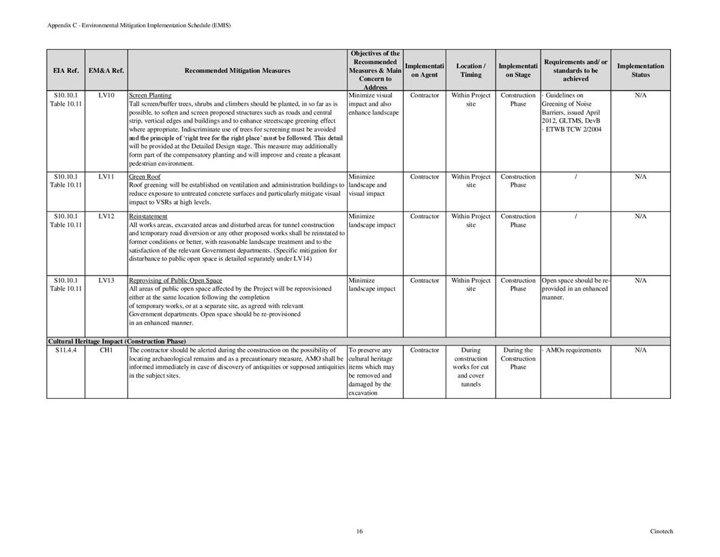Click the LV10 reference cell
coord(106,95)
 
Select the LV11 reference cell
coord(106,177)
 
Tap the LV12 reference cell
coord(106,216)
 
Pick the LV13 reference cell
coord(106,280)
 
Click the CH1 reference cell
coord(106,350)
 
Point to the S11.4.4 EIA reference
coord(66,350)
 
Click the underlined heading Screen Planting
coord(150,95)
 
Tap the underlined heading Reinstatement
coord(148,216)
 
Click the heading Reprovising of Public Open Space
coord(175,280)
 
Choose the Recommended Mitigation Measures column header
coord(237,70)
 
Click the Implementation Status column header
coord(640,70)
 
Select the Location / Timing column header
coord(470,70)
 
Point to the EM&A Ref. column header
coord(106,70)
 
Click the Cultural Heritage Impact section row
coord(117,341)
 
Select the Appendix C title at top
coord(139,25)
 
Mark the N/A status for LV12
coord(640,216)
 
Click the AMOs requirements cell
coord(573,350)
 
